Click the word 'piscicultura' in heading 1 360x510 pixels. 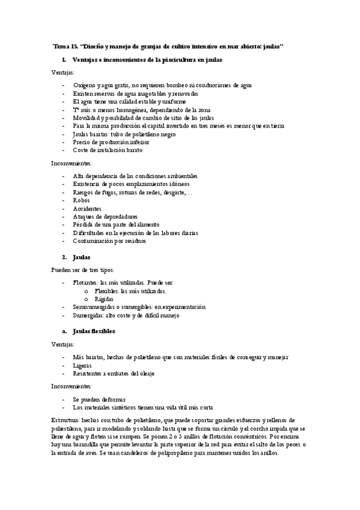click(175, 60)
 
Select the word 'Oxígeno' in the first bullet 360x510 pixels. click(84, 86)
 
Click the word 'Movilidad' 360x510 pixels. click(87, 118)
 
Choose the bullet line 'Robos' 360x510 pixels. click(81, 200)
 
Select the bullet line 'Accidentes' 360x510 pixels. click(87, 208)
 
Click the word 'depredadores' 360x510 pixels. click(118, 217)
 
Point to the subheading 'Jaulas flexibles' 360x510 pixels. click(93, 331)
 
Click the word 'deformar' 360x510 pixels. click(111, 399)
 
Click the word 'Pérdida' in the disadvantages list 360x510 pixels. click(84, 225)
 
